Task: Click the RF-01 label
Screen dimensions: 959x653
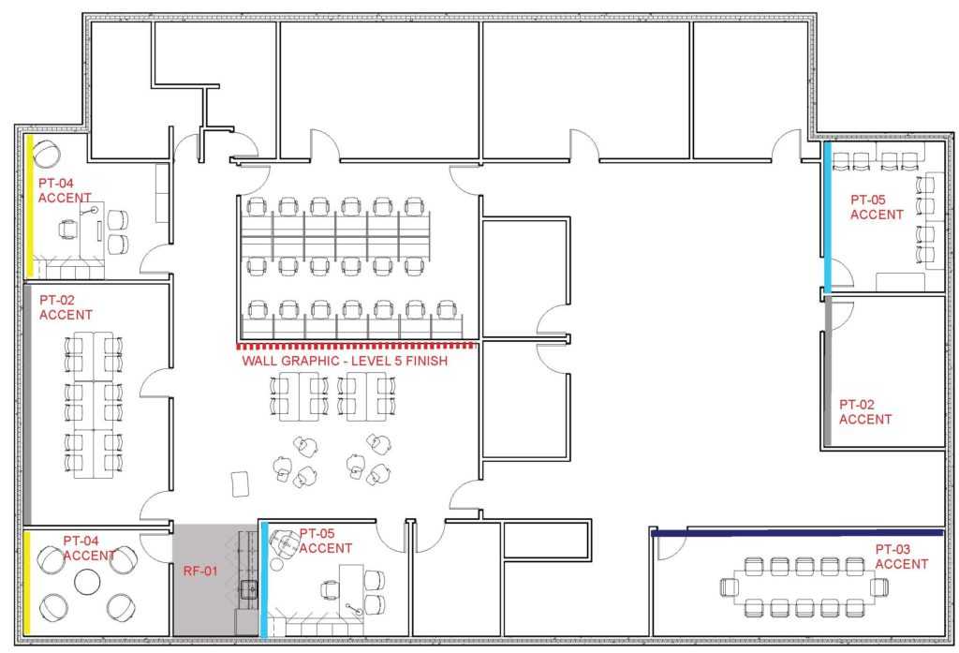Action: click(x=200, y=571)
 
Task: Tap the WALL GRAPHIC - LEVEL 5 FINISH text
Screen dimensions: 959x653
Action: click(x=345, y=361)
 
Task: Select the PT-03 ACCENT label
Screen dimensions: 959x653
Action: click(x=902, y=557)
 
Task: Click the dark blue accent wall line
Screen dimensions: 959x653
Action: click(x=798, y=533)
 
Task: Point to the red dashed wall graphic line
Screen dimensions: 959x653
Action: click(x=356, y=347)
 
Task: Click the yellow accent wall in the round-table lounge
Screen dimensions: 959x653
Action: click(x=27, y=584)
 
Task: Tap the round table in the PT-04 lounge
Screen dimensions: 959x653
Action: click(x=87, y=582)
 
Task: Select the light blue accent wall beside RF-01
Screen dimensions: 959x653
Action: click(x=264, y=579)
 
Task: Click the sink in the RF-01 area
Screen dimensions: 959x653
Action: click(x=249, y=590)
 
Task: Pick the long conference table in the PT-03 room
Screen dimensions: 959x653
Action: click(x=804, y=586)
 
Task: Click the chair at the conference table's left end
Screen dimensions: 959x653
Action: click(x=729, y=586)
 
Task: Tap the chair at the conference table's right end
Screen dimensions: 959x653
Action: click(x=879, y=586)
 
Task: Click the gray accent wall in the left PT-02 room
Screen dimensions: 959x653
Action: click(x=27, y=404)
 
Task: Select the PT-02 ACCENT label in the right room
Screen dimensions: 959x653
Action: click(x=864, y=412)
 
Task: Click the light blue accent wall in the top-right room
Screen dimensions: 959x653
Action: click(x=828, y=217)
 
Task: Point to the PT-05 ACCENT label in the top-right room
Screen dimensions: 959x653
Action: click(x=877, y=207)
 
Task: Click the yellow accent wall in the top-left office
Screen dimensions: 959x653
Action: click(x=29, y=205)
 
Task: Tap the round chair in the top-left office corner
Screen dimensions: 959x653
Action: click(x=46, y=154)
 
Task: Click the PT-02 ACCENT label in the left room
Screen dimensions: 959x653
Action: click(x=66, y=307)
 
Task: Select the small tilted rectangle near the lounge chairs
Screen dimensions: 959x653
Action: click(x=241, y=484)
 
